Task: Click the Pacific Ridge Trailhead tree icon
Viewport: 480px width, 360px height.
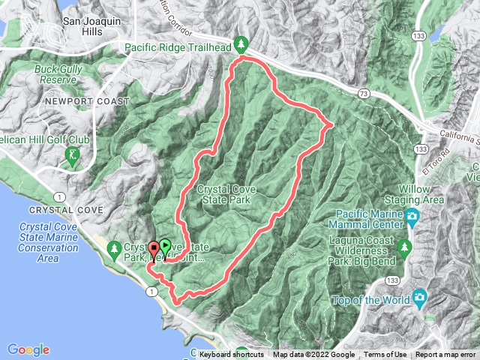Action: tap(241, 43)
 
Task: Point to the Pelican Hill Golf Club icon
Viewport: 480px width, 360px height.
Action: tap(73, 156)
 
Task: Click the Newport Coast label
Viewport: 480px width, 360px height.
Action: tap(76, 100)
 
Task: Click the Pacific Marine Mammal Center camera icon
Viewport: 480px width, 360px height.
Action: tap(411, 217)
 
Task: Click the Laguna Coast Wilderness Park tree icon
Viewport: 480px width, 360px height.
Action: tap(405, 246)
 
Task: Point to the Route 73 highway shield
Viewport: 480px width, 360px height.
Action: tap(363, 94)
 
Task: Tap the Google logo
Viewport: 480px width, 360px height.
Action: tap(28, 349)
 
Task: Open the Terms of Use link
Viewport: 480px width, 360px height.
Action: tap(385, 355)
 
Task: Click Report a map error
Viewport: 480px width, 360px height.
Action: tap(446, 355)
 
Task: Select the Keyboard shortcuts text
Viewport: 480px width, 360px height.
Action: tap(232, 355)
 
